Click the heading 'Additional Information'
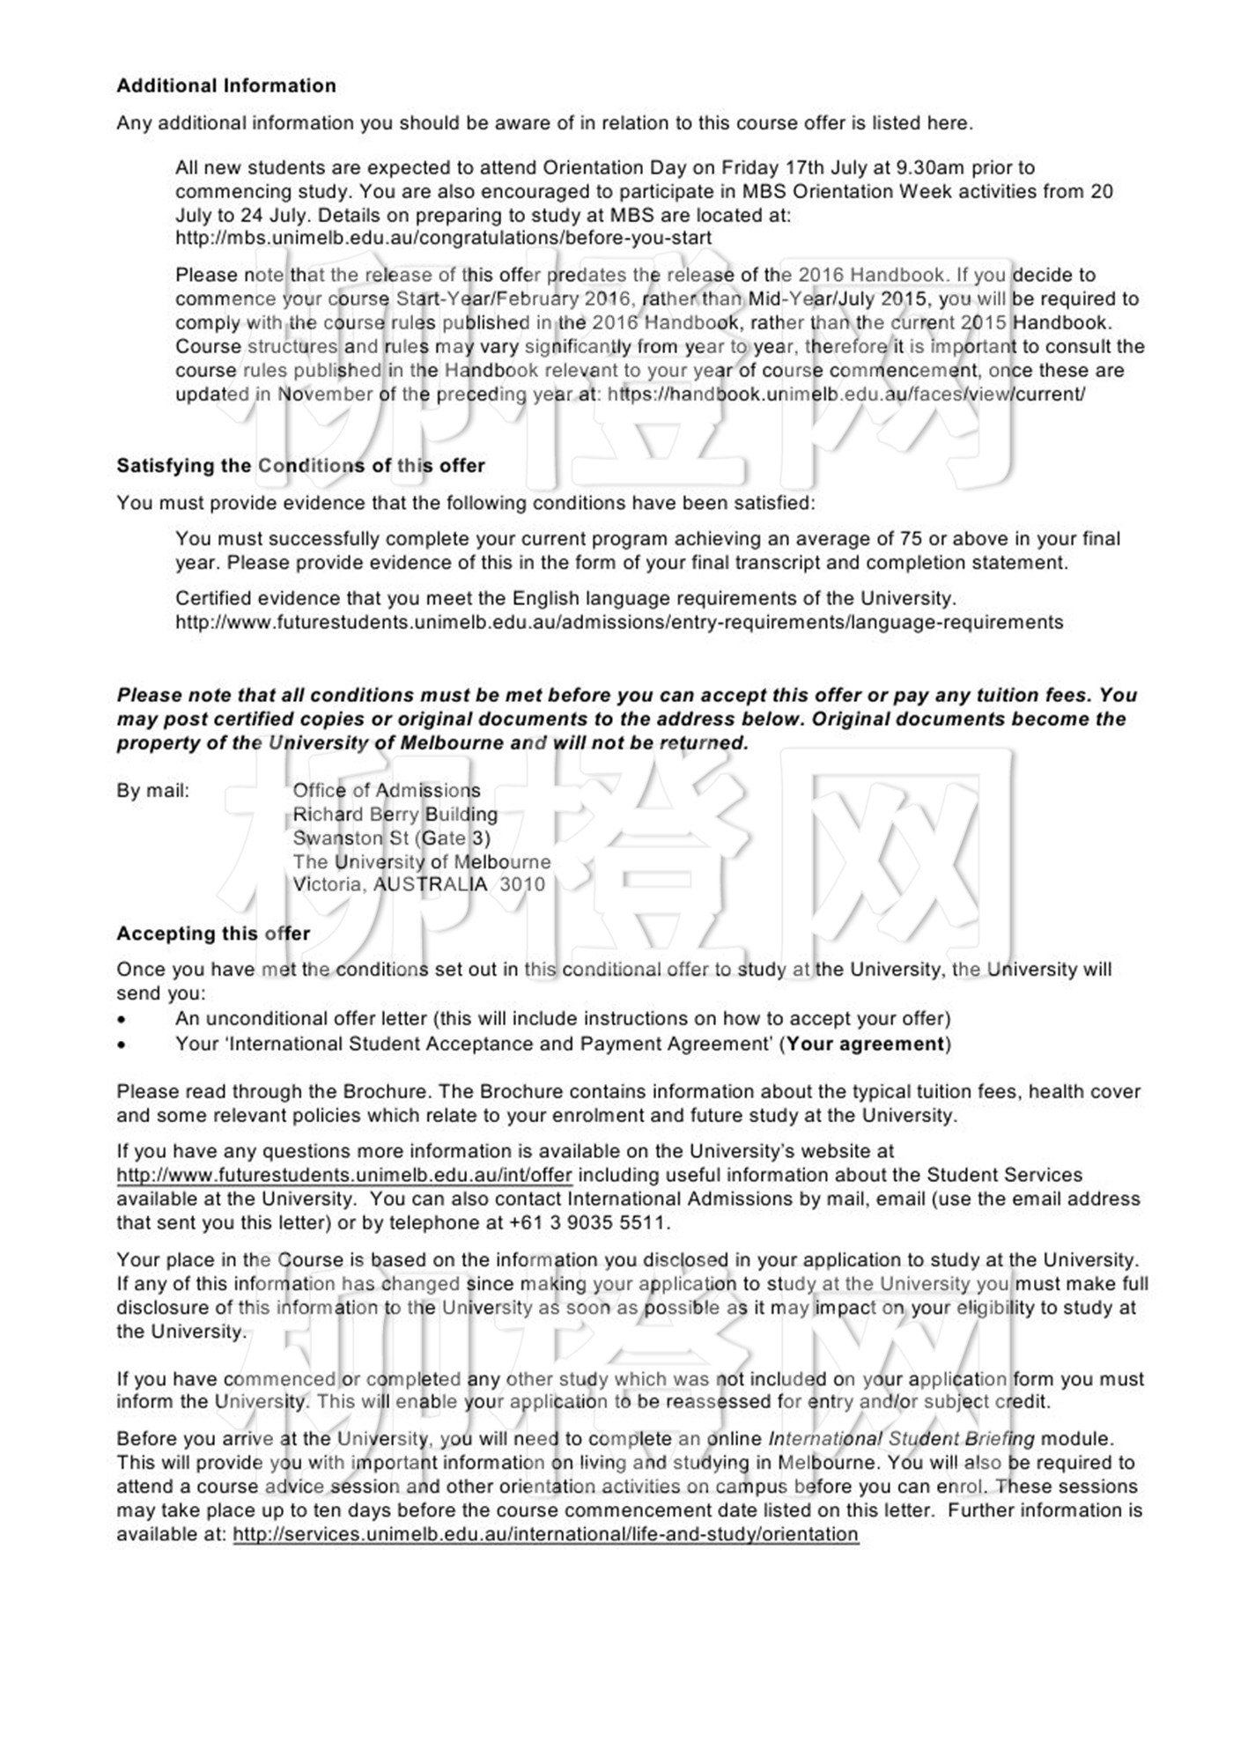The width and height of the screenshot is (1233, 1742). [x=226, y=85]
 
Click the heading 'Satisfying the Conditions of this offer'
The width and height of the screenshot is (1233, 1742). [x=300, y=466]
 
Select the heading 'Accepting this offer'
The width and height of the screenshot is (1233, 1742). [x=213, y=934]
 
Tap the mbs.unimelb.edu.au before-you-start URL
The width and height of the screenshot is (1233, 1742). [x=443, y=238]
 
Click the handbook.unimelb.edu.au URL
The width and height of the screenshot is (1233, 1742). [x=845, y=395]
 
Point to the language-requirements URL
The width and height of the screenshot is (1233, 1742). [x=619, y=623]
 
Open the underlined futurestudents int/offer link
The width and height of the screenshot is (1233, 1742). [x=344, y=1175]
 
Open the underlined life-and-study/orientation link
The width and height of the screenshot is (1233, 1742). [x=545, y=1534]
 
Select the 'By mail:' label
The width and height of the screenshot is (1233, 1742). [x=153, y=791]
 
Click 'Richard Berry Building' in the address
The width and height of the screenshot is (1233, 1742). [x=395, y=815]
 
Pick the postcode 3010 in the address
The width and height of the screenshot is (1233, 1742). [x=522, y=885]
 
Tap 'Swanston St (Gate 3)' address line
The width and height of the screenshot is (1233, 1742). [x=391, y=838]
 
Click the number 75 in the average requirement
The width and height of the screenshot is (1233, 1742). [x=910, y=539]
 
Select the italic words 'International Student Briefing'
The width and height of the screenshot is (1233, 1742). [x=901, y=1439]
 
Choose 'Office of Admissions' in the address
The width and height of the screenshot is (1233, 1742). [x=387, y=791]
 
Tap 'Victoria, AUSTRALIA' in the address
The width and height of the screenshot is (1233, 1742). [x=390, y=885]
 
